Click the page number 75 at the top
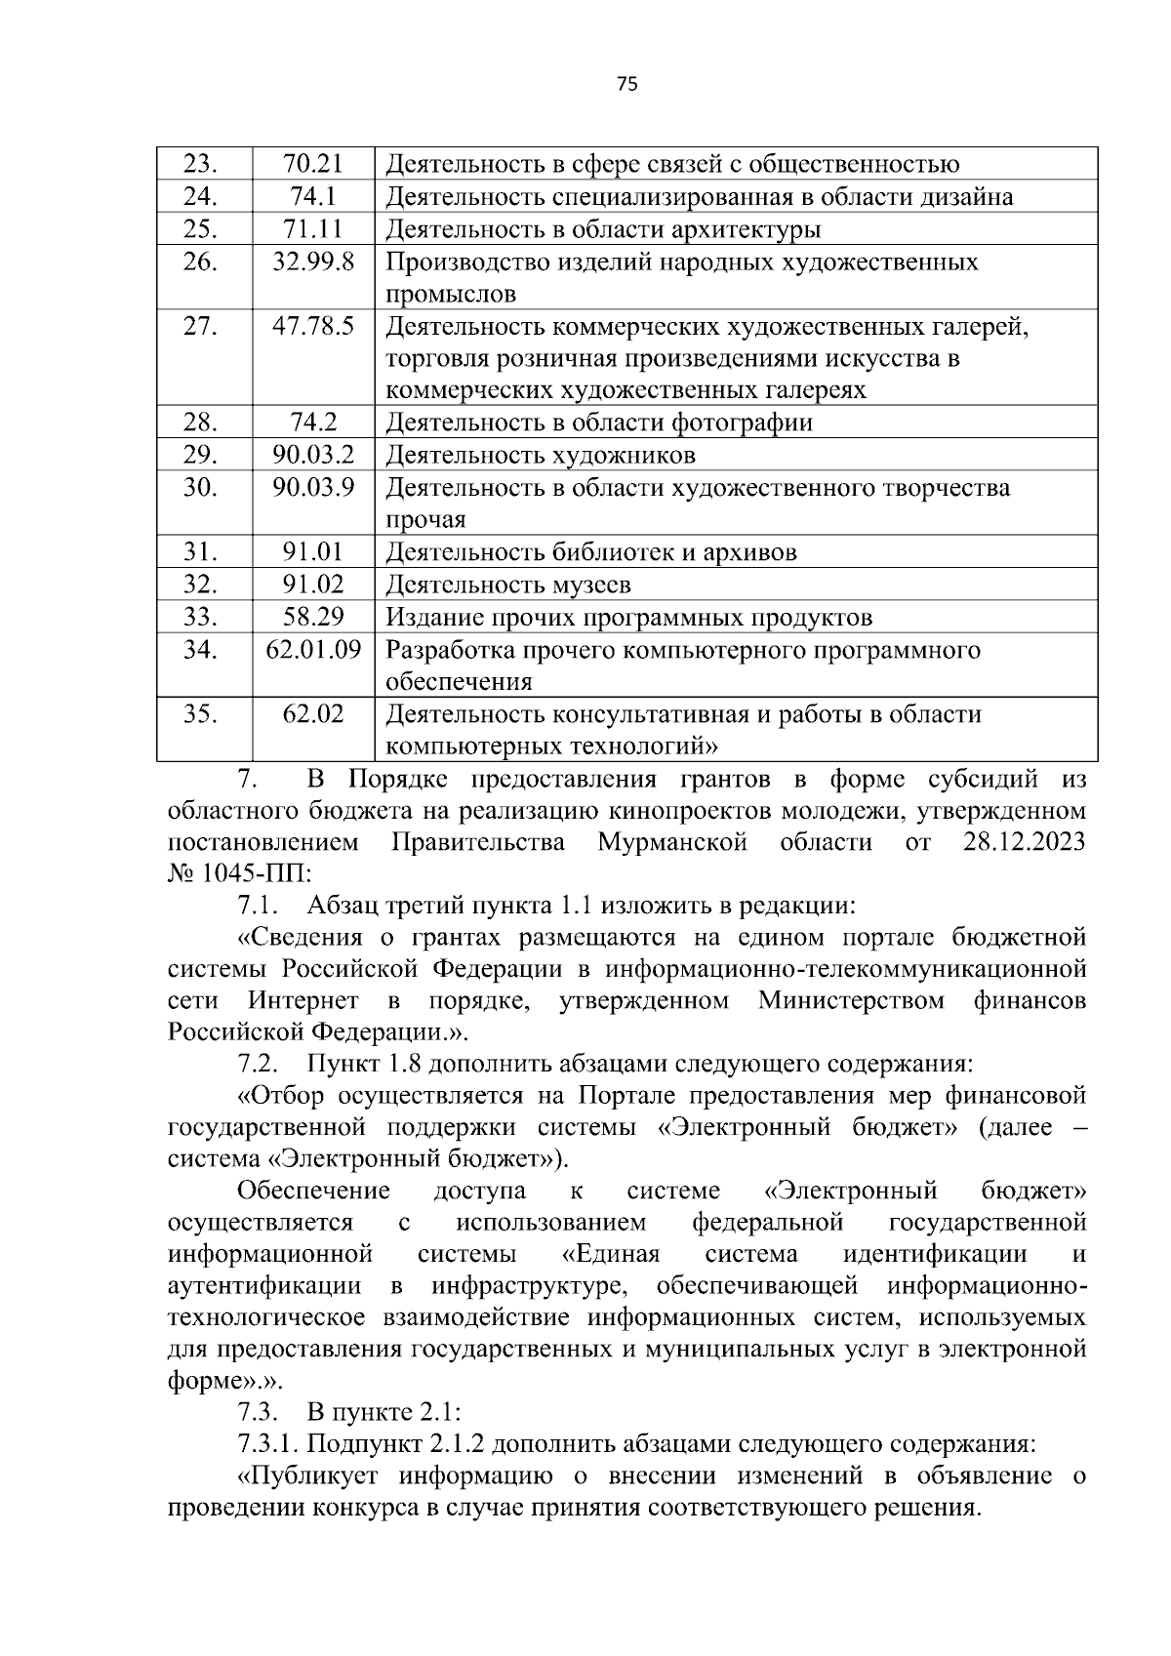(x=627, y=85)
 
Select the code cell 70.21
(x=312, y=164)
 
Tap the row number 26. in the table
(x=200, y=262)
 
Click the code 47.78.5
(x=312, y=326)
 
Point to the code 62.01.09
(x=312, y=649)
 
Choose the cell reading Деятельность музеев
(x=508, y=585)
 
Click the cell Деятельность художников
(x=541, y=456)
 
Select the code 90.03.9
(x=312, y=488)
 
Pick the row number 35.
(x=200, y=714)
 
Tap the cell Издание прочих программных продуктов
(x=628, y=618)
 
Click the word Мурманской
(x=672, y=842)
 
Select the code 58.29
(x=312, y=618)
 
